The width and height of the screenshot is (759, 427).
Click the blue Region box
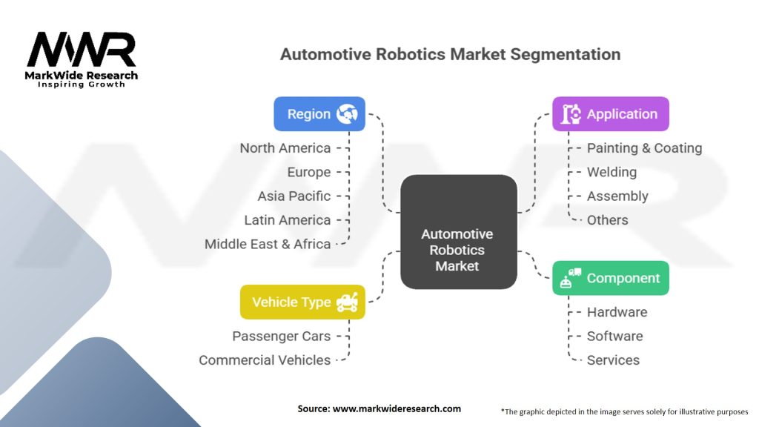point(319,114)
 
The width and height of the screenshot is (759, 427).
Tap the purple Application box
point(611,114)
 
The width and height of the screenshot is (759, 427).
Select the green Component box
point(611,278)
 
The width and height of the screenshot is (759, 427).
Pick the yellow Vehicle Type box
point(302,302)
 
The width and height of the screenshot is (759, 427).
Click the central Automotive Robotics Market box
point(457,232)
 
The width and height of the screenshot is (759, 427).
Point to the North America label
point(285,148)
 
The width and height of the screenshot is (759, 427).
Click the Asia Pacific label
point(294,196)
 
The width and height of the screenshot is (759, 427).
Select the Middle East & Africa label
point(268,244)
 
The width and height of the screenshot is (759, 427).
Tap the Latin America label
point(287,220)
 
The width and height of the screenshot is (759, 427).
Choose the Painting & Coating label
point(644,148)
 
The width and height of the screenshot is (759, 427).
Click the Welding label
point(611,172)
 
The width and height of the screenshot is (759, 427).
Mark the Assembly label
point(617,196)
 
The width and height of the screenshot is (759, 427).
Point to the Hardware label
point(617,312)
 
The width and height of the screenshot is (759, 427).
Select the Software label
point(614,336)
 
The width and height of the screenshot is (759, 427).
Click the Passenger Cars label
point(281,336)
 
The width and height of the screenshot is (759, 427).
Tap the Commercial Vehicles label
point(265,360)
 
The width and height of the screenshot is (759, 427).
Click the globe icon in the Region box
point(347,114)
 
